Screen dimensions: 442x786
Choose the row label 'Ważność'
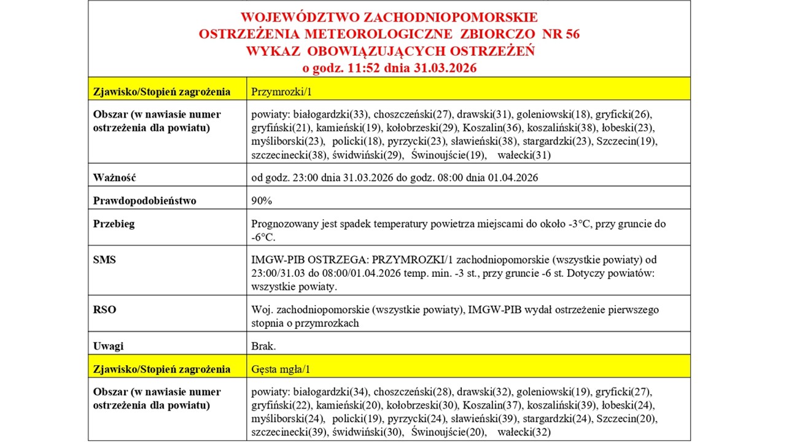point(114,177)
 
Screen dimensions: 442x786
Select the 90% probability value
point(262,201)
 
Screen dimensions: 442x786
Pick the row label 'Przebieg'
point(114,224)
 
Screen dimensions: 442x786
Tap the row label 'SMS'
point(104,260)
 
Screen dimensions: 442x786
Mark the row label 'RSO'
point(104,310)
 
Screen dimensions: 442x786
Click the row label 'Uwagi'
point(108,346)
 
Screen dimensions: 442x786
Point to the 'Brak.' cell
point(263,346)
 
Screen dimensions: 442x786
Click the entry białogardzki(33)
point(330,114)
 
